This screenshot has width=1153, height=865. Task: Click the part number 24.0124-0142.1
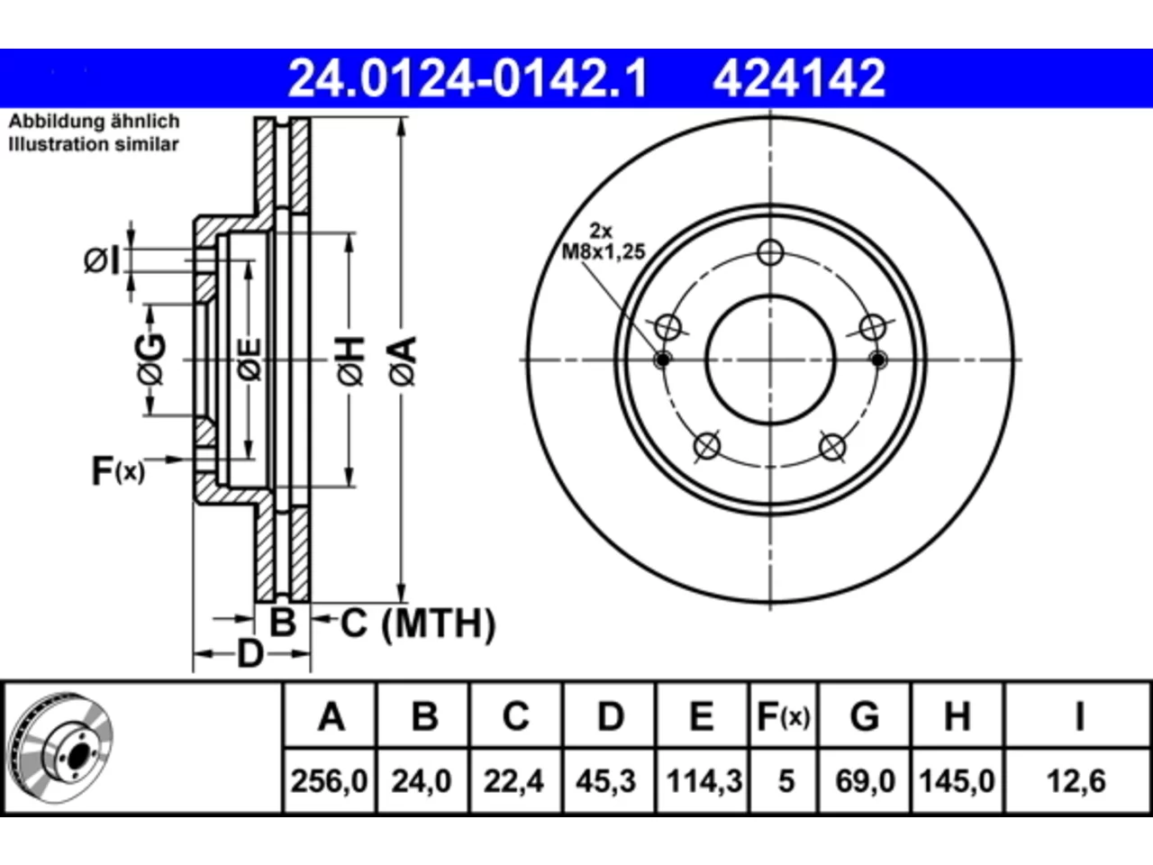point(468,78)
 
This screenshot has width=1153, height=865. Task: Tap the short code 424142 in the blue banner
point(799,78)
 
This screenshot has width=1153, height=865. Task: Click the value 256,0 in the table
point(329,781)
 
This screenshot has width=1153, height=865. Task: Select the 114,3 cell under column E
point(704,781)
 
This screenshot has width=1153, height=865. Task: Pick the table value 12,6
point(1076,781)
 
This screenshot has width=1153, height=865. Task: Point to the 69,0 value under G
point(865,781)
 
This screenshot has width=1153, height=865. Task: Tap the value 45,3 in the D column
point(605,781)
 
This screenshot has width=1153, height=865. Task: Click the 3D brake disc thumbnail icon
point(60,748)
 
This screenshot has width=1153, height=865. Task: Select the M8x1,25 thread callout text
point(603,252)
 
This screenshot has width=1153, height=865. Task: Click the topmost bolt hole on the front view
point(770,252)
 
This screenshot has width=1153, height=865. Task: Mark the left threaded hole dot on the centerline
point(663,360)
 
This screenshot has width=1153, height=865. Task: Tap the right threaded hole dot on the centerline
point(877,360)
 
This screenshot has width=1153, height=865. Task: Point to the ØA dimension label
point(403,361)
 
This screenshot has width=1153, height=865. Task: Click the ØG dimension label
point(151,359)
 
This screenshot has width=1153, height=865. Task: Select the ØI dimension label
point(102,260)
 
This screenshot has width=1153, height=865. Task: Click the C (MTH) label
point(418,624)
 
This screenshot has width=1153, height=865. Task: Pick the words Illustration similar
point(94,144)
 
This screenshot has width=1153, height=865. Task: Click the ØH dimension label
point(351,361)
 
